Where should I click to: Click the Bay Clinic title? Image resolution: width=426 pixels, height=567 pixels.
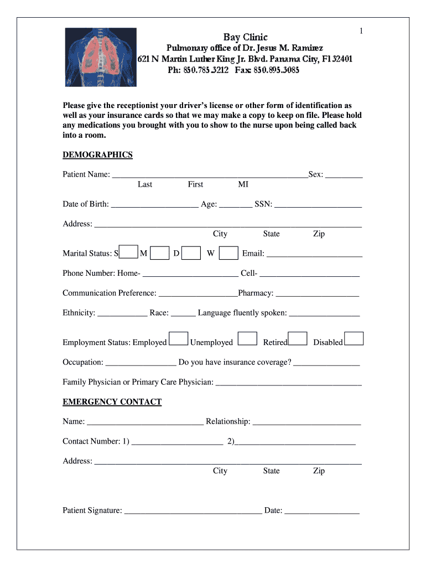pos(245,38)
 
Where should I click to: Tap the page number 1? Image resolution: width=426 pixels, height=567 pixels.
pos(361,31)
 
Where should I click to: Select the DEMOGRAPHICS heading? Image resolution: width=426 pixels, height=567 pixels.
pos(97,154)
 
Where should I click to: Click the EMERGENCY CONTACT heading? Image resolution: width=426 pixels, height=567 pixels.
pos(112,401)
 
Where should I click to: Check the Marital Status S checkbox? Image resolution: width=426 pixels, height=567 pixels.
pos(128,252)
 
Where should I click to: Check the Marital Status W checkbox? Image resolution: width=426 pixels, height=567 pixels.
pos(228,252)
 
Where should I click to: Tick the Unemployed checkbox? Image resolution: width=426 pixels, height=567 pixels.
pos(247,338)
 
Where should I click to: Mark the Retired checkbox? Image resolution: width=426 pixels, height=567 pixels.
pos(298,338)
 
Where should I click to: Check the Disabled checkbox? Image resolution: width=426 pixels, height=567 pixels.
pos(354,338)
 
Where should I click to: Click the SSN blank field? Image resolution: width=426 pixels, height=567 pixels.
pos(318,204)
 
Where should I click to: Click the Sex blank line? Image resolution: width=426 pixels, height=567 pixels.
pos(344,174)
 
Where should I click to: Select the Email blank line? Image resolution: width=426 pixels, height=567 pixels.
pos(314,254)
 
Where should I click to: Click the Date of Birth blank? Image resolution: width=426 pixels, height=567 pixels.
pos(154,204)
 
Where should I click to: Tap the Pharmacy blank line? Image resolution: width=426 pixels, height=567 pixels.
pos(318,293)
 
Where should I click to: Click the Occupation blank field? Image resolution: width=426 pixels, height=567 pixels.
pos(141,363)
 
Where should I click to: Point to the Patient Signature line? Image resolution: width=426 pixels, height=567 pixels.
pos(193,511)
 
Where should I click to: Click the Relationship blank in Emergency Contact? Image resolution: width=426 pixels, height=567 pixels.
pos(306,422)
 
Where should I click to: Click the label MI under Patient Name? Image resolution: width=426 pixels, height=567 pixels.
pos(243,184)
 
